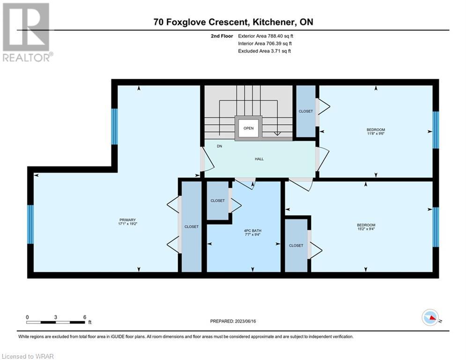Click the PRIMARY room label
click(x=127, y=220)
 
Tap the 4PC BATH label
click(x=252, y=231)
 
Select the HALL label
click(x=259, y=159)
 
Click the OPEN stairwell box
click(x=248, y=128)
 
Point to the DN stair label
click(x=219, y=146)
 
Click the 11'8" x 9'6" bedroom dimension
click(x=376, y=134)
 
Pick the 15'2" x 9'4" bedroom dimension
click(x=366, y=229)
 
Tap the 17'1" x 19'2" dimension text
click(x=127, y=224)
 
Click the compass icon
click(x=430, y=317)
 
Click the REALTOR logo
click(x=27, y=32)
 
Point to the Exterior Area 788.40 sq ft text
click(x=266, y=36)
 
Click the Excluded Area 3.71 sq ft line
click(x=265, y=51)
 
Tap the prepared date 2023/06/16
click(x=245, y=321)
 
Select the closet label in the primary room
click(x=192, y=227)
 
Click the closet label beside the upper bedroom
click(x=306, y=111)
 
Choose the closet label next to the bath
click(x=218, y=201)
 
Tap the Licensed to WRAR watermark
click(x=28, y=356)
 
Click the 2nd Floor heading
click(x=222, y=36)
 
